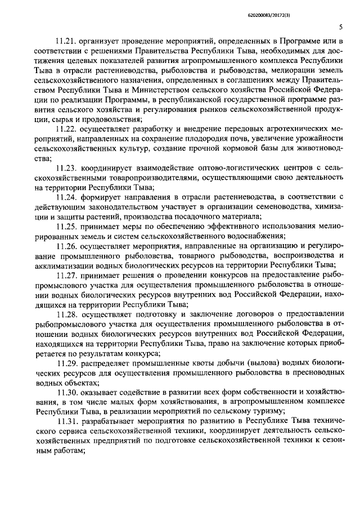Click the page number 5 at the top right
tap(341, 27)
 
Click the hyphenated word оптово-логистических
tap(241, 168)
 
